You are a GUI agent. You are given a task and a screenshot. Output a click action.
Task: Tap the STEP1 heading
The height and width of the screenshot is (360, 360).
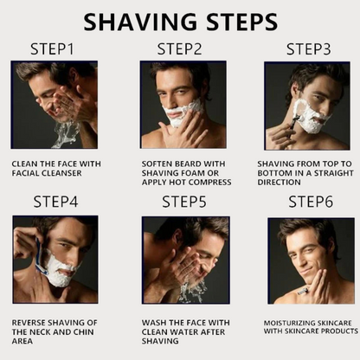tap(54, 49)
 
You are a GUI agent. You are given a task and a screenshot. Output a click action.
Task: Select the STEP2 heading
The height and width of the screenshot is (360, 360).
tap(179, 49)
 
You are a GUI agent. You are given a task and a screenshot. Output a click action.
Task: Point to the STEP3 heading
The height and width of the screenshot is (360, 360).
tap(309, 49)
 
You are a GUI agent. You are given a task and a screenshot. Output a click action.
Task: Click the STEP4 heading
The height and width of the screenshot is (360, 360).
tap(55, 202)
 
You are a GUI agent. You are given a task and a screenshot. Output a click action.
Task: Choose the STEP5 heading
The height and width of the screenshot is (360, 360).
tap(184, 202)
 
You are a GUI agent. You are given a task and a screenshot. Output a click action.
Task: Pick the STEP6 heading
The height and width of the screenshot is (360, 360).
tap(309, 202)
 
